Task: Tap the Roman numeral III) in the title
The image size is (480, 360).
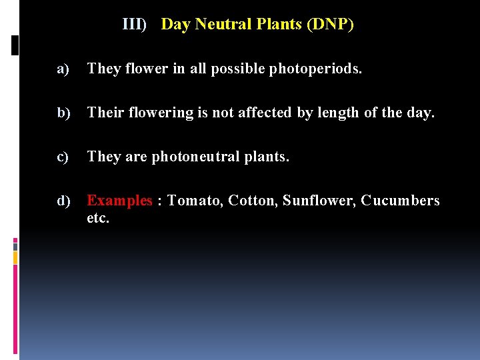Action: (134, 25)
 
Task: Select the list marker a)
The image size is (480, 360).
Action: (63, 69)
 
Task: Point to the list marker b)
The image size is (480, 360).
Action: (64, 113)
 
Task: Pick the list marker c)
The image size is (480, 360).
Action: (63, 157)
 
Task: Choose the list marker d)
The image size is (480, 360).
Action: (64, 201)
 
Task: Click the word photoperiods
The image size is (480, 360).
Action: (315, 69)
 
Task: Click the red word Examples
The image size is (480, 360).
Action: (120, 201)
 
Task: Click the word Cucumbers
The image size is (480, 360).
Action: (401, 201)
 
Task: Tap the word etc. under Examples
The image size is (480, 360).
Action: (98, 218)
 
